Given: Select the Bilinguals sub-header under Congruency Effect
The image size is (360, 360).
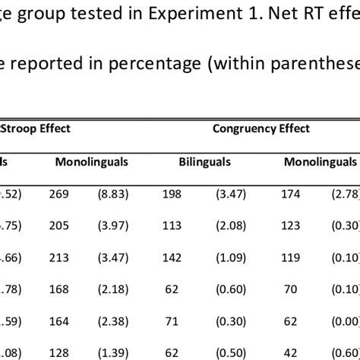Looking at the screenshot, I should click(204, 163).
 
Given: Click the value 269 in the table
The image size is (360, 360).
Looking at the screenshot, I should click(68, 194).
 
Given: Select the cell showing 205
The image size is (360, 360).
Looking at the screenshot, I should click(68, 226).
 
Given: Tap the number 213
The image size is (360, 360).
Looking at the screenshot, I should click(68, 257).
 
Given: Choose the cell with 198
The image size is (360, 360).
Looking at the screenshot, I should click(172, 194).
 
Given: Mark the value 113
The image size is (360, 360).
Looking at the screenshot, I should click(172, 226).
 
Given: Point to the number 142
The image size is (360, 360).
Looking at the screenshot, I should click(172, 257).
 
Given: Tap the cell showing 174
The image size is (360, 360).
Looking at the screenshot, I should click(301, 194).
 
